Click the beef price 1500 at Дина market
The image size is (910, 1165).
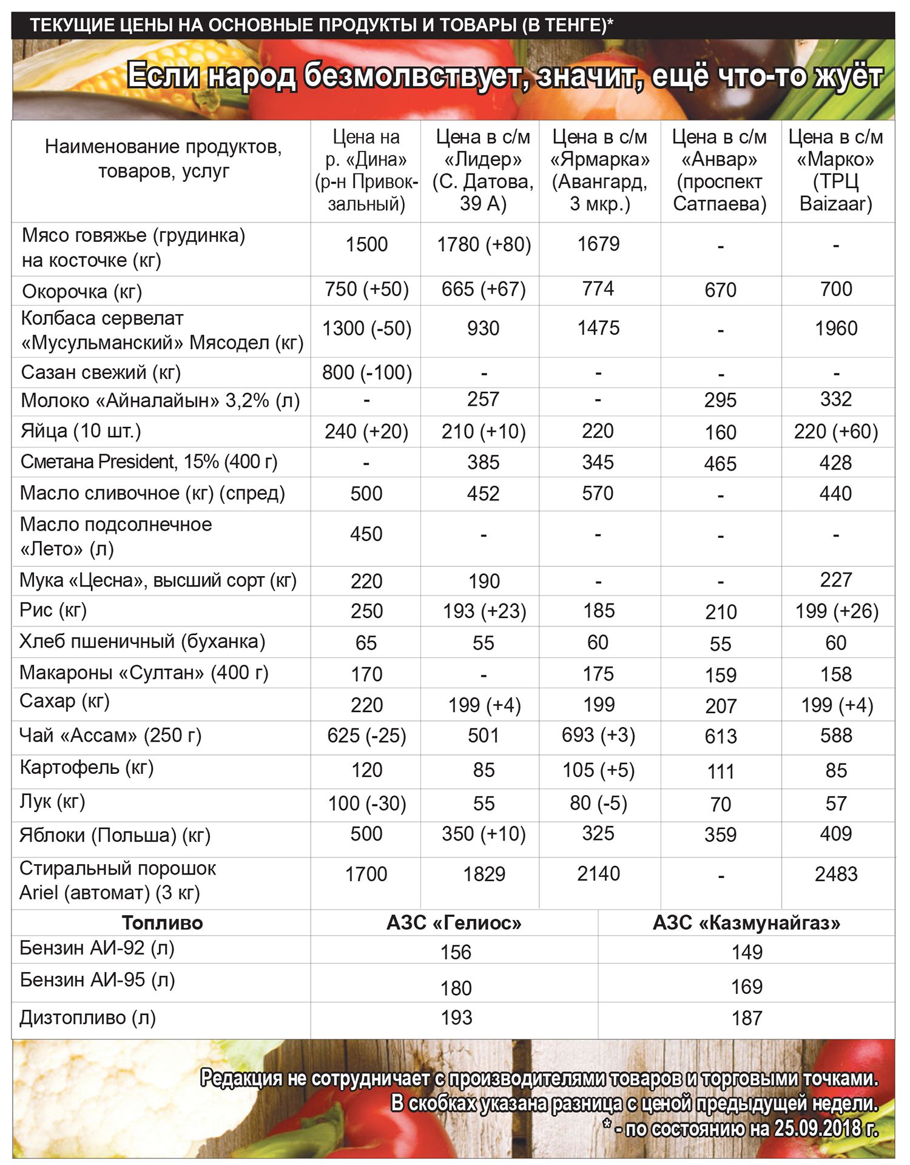click(366, 244)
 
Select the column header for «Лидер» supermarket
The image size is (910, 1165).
click(483, 170)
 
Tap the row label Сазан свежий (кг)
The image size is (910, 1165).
click(101, 372)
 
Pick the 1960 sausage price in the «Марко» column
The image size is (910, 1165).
click(836, 329)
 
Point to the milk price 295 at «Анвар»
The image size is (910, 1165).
click(720, 400)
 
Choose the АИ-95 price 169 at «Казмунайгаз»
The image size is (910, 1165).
click(746, 987)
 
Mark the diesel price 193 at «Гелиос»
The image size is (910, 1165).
click(456, 1018)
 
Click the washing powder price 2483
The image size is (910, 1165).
click(836, 874)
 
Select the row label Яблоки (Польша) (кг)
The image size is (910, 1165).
click(115, 836)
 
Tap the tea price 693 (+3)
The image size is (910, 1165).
click(598, 735)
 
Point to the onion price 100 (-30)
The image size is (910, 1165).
click(366, 804)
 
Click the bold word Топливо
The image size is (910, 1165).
click(162, 923)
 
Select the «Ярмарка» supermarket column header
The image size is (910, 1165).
click(599, 170)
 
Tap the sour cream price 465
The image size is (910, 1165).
click(720, 464)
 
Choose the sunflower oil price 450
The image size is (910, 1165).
click(366, 534)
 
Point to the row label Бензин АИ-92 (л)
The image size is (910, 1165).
click(97, 948)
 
